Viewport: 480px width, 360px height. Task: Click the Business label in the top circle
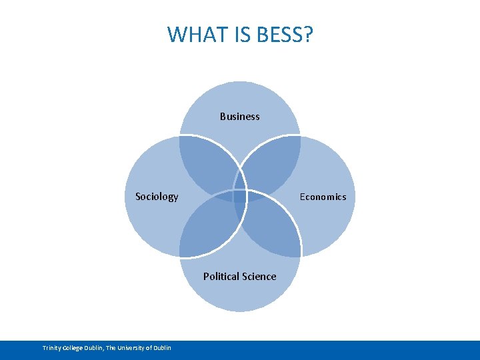[x=240, y=117]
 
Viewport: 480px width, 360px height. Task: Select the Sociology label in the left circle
[x=157, y=197]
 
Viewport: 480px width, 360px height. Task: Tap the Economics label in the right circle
[x=323, y=197]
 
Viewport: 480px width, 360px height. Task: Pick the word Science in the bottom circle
[x=261, y=277]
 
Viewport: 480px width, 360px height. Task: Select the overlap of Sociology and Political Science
[x=206, y=227]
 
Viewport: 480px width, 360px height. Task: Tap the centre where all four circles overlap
[x=240, y=196]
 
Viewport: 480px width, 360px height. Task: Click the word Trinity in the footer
[x=51, y=348]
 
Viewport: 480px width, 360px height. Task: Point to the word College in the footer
[x=72, y=348]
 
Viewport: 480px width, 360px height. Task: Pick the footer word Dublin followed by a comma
[x=94, y=348]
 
